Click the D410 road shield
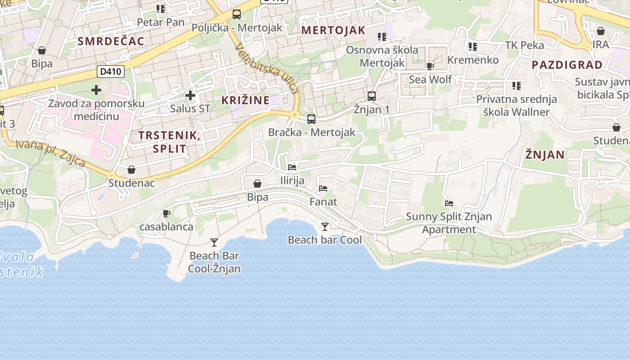click(x=111, y=72)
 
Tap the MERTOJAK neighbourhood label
click(x=333, y=30)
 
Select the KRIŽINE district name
click(x=245, y=100)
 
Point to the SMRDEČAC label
click(x=111, y=41)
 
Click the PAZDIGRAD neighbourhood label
click(x=567, y=65)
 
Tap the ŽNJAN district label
click(x=544, y=155)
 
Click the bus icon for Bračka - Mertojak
click(x=311, y=119)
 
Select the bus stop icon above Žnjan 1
click(x=371, y=96)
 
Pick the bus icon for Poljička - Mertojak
click(x=237, y=14)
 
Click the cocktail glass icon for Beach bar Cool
click(x=324, y=226)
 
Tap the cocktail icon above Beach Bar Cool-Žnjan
click(x=214, y=243)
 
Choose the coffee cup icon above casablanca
click(x=166, y=213)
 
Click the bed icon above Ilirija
click(x=292, y=167)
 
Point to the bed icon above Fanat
click(x=323, y=189)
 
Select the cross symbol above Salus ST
click(x=190, y=95)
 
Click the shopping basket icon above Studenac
click(x=131, y=170)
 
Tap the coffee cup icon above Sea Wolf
click(x=430, y=67)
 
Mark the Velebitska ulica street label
click(x=267, y=67)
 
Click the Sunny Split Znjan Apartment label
click(x=449, y=223)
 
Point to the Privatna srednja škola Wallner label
click(x=516, y=105)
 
